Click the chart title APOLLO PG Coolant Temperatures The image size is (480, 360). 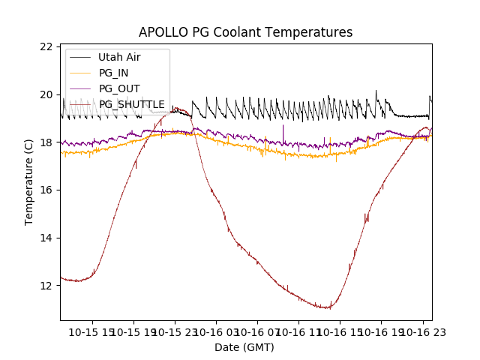point(245,32)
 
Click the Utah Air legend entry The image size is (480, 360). point(119,57)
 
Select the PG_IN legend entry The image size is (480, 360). point(114,73)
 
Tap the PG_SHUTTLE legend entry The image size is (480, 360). point(131,104)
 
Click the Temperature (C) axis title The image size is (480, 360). point(29,181)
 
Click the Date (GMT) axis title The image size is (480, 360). point(244,347)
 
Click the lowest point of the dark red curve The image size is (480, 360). point(327,308)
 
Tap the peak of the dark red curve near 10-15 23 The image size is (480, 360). point(178,109)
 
